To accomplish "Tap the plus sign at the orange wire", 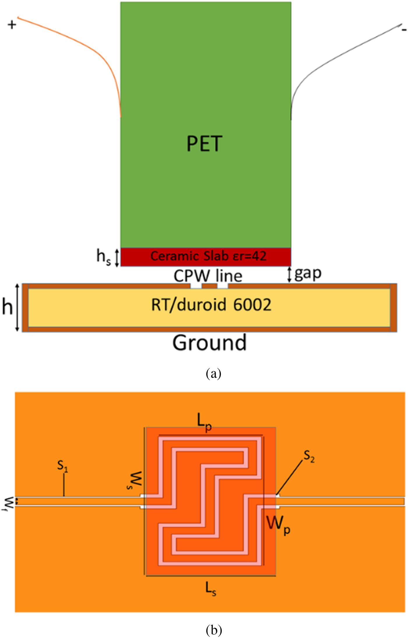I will pos(12,25).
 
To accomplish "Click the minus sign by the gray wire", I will pos(404,30).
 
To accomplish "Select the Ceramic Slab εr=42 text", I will pos(208,256).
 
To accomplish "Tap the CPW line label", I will pos(208,276).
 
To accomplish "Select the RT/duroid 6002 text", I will pos(211,305).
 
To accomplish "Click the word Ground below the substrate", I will pos(210,343).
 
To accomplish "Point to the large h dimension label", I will pos(7,307).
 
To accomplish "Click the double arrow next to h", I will pos(17,307).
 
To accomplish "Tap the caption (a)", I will pos(213,373).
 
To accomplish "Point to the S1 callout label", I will pos(62,466).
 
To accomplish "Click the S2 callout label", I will pos(309,457).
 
